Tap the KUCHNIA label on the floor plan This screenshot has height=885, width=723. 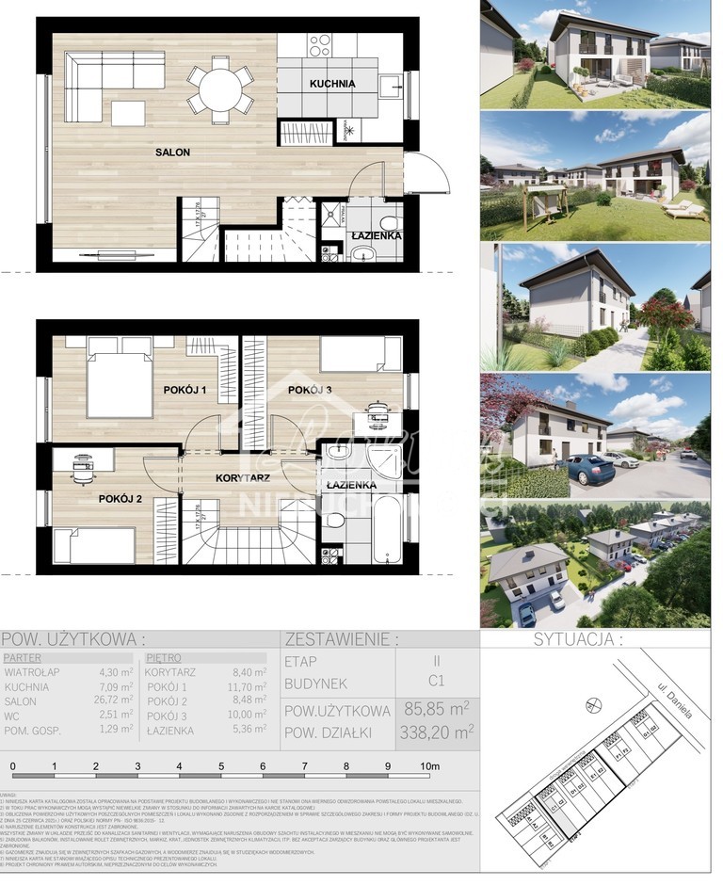point(332,84)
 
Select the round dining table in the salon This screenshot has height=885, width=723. point(219,89)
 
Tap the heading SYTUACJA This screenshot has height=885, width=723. point(578,639)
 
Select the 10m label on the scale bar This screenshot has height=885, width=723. point(429,766)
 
